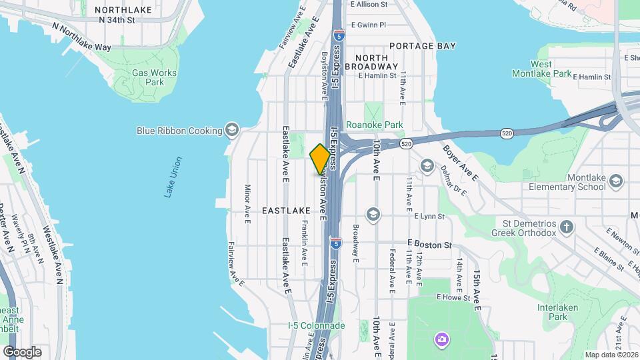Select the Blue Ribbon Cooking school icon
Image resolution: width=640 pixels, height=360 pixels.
click(x=232, y=129)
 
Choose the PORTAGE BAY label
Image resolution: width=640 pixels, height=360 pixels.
click(x=423, y=46)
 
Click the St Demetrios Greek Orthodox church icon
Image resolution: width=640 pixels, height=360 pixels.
click(x=566, y=227)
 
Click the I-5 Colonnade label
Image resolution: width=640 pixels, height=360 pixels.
click(x=316, y=325)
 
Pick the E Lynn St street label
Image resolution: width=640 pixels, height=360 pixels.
click(x=429, y=216)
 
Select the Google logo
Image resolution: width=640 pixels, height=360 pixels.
click(x=21, y=352)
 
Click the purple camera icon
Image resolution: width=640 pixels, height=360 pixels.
click(x=441, y=340)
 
